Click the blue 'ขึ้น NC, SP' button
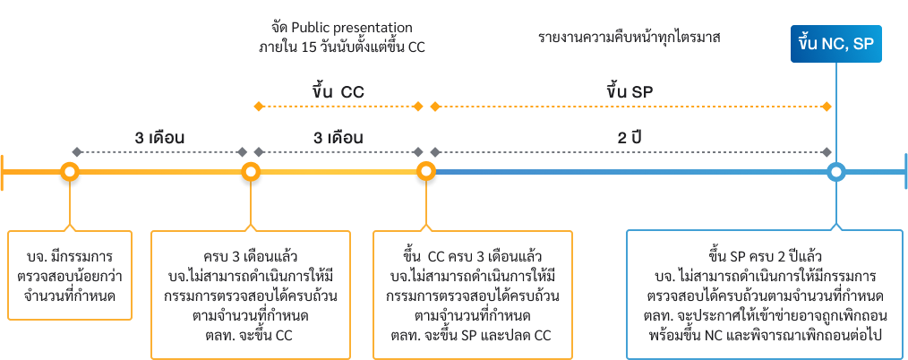coord(836,44)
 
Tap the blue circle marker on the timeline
coord(835,171)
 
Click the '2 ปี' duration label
coord(633,139)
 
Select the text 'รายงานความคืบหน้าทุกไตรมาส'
coord(630,39)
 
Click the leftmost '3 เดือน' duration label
coord(159,139)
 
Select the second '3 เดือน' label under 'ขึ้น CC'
coord(338,139)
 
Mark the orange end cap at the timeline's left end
coord(4,171)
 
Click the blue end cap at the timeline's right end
coord(904,171)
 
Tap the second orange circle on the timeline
coord(250,171)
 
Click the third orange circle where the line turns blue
coord(426,171)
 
